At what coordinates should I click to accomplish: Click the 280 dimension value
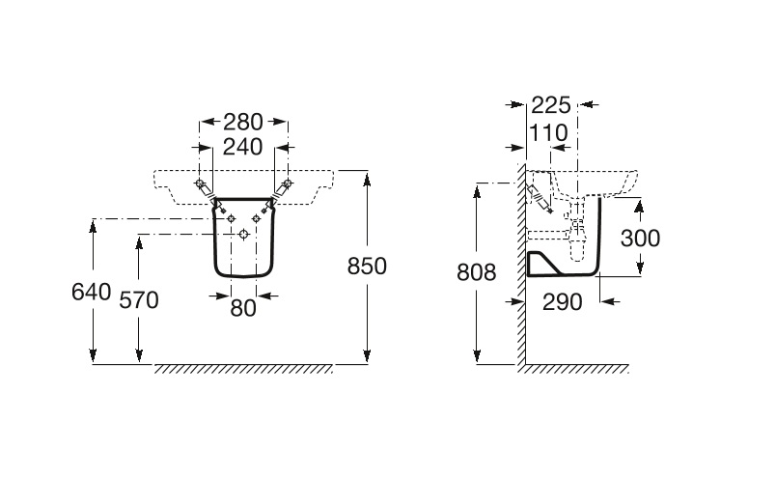243,123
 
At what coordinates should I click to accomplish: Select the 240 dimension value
243,148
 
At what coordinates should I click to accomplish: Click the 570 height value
138,299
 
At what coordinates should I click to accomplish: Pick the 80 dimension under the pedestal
243,309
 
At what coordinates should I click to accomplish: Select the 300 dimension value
641,238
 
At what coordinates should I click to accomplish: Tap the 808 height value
476,273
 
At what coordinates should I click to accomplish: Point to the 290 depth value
563,301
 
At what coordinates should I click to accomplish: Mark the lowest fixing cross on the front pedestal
242,235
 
